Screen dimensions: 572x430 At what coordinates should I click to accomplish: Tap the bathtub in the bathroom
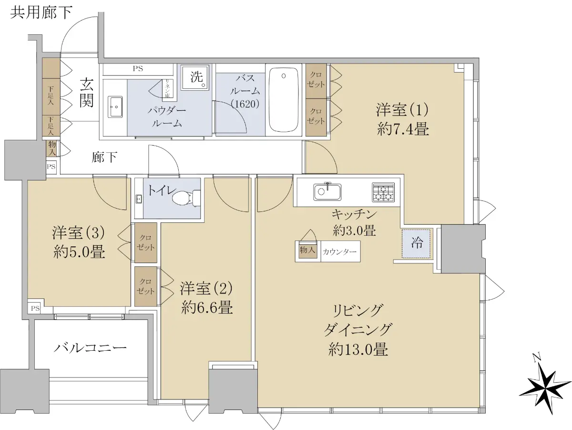(284, 100)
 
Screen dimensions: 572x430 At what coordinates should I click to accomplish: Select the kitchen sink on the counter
(327, 192)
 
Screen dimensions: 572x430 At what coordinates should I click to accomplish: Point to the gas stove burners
(383, 192)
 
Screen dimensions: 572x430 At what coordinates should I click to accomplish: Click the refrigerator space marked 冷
(416, 244)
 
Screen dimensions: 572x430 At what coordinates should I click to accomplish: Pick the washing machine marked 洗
(195, 77)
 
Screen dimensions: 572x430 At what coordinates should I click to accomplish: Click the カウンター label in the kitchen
(339, 252)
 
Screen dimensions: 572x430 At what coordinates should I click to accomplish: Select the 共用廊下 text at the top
(41, 12)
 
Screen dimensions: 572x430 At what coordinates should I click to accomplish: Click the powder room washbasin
(115, 107)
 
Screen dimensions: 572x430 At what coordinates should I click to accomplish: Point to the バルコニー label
(90, 348)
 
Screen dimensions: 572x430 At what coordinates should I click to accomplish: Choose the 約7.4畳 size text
(403, 129)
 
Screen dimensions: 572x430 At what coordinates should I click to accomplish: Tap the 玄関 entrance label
(86, 93)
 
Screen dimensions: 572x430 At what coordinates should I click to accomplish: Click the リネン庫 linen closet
(166, 89)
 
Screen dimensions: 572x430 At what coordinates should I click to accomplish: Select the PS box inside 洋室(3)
(35, 308)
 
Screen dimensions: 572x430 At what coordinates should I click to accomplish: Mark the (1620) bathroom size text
(245, 104)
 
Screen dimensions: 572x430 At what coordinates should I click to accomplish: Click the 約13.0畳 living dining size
(358, 350)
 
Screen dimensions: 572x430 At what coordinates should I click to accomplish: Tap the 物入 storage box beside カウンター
(308, 250)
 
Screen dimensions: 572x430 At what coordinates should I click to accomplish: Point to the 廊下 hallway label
(104, 157)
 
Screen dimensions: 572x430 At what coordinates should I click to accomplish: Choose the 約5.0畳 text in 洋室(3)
(79, 252)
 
